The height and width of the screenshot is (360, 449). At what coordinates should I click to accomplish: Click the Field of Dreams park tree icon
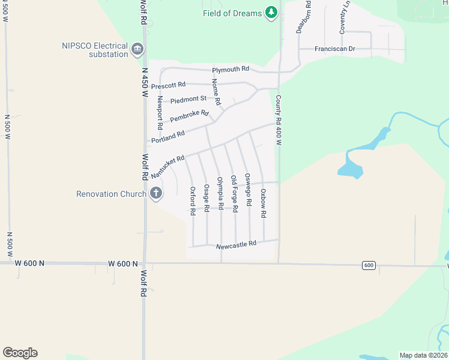coord(271,13)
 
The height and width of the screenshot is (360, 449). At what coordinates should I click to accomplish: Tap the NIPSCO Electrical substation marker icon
coord(137,49)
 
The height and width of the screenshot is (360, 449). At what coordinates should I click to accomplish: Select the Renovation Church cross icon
coord(155,193)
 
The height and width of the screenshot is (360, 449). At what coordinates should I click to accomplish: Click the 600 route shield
coord(369,265)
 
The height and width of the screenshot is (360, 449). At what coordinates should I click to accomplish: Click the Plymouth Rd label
coord(231,69)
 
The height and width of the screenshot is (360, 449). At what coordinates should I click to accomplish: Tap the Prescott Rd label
coord(169,85)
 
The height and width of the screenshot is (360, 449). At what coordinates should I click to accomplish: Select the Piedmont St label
coord(188,98)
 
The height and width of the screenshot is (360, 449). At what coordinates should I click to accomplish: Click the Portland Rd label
coord(167,136)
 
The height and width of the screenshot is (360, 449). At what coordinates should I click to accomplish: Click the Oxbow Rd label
coord(263,203)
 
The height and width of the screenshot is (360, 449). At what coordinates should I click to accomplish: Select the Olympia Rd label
coord(220,193)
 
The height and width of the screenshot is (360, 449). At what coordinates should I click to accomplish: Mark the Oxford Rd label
coord(193,201)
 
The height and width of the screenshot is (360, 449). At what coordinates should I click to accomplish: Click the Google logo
coord(20,353)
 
